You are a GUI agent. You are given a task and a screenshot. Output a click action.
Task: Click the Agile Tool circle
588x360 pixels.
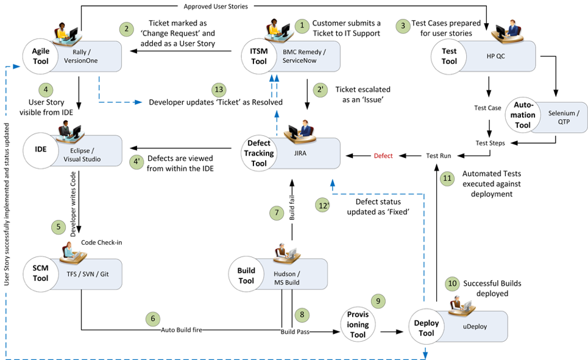40,56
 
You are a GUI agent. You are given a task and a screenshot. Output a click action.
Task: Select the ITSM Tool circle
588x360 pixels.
259,56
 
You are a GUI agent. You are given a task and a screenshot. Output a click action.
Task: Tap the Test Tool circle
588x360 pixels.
449,56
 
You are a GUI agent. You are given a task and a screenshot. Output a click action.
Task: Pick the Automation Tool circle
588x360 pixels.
523,115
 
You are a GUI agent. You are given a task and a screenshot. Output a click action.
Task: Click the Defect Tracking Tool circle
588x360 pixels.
259,153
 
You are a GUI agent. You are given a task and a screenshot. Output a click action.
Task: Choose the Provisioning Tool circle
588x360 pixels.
358,325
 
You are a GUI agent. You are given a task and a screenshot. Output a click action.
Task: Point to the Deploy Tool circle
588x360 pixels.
427,327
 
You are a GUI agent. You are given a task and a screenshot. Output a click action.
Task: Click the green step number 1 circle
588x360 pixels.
302,26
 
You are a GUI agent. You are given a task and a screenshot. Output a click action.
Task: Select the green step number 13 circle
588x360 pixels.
219,90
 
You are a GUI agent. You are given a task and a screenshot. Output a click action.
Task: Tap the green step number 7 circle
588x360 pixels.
277,213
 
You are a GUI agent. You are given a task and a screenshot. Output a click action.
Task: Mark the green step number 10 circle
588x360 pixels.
452,283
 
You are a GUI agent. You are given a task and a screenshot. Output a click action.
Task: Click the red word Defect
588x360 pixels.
383,155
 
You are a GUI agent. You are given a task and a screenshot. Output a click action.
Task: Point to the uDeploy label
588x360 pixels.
475,326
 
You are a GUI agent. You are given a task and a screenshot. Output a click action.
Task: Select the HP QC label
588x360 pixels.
496,56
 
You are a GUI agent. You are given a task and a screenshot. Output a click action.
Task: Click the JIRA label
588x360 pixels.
300,153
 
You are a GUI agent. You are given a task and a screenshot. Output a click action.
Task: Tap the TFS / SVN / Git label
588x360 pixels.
88,274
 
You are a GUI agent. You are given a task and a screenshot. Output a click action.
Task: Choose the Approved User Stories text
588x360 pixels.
216,6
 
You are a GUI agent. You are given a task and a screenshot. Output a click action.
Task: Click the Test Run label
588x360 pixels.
438,155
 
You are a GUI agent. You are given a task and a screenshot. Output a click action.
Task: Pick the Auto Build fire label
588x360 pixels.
182,330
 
